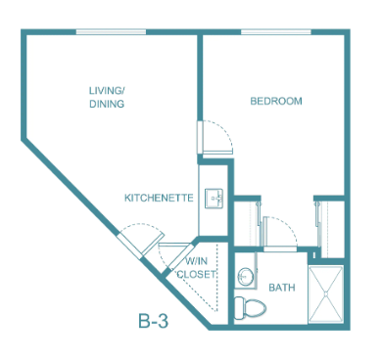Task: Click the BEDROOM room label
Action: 276,101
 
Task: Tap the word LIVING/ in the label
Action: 108,90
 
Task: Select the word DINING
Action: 107,104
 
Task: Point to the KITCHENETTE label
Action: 159,198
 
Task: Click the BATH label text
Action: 282,288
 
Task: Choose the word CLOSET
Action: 196,274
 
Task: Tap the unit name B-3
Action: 153,321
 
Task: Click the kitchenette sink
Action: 214,199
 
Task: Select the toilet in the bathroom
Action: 250,308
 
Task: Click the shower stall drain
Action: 325,294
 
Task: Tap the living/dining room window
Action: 111,32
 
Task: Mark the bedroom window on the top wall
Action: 276,32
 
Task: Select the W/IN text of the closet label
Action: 196,261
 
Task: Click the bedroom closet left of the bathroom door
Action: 248,224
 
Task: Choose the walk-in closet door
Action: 180,256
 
